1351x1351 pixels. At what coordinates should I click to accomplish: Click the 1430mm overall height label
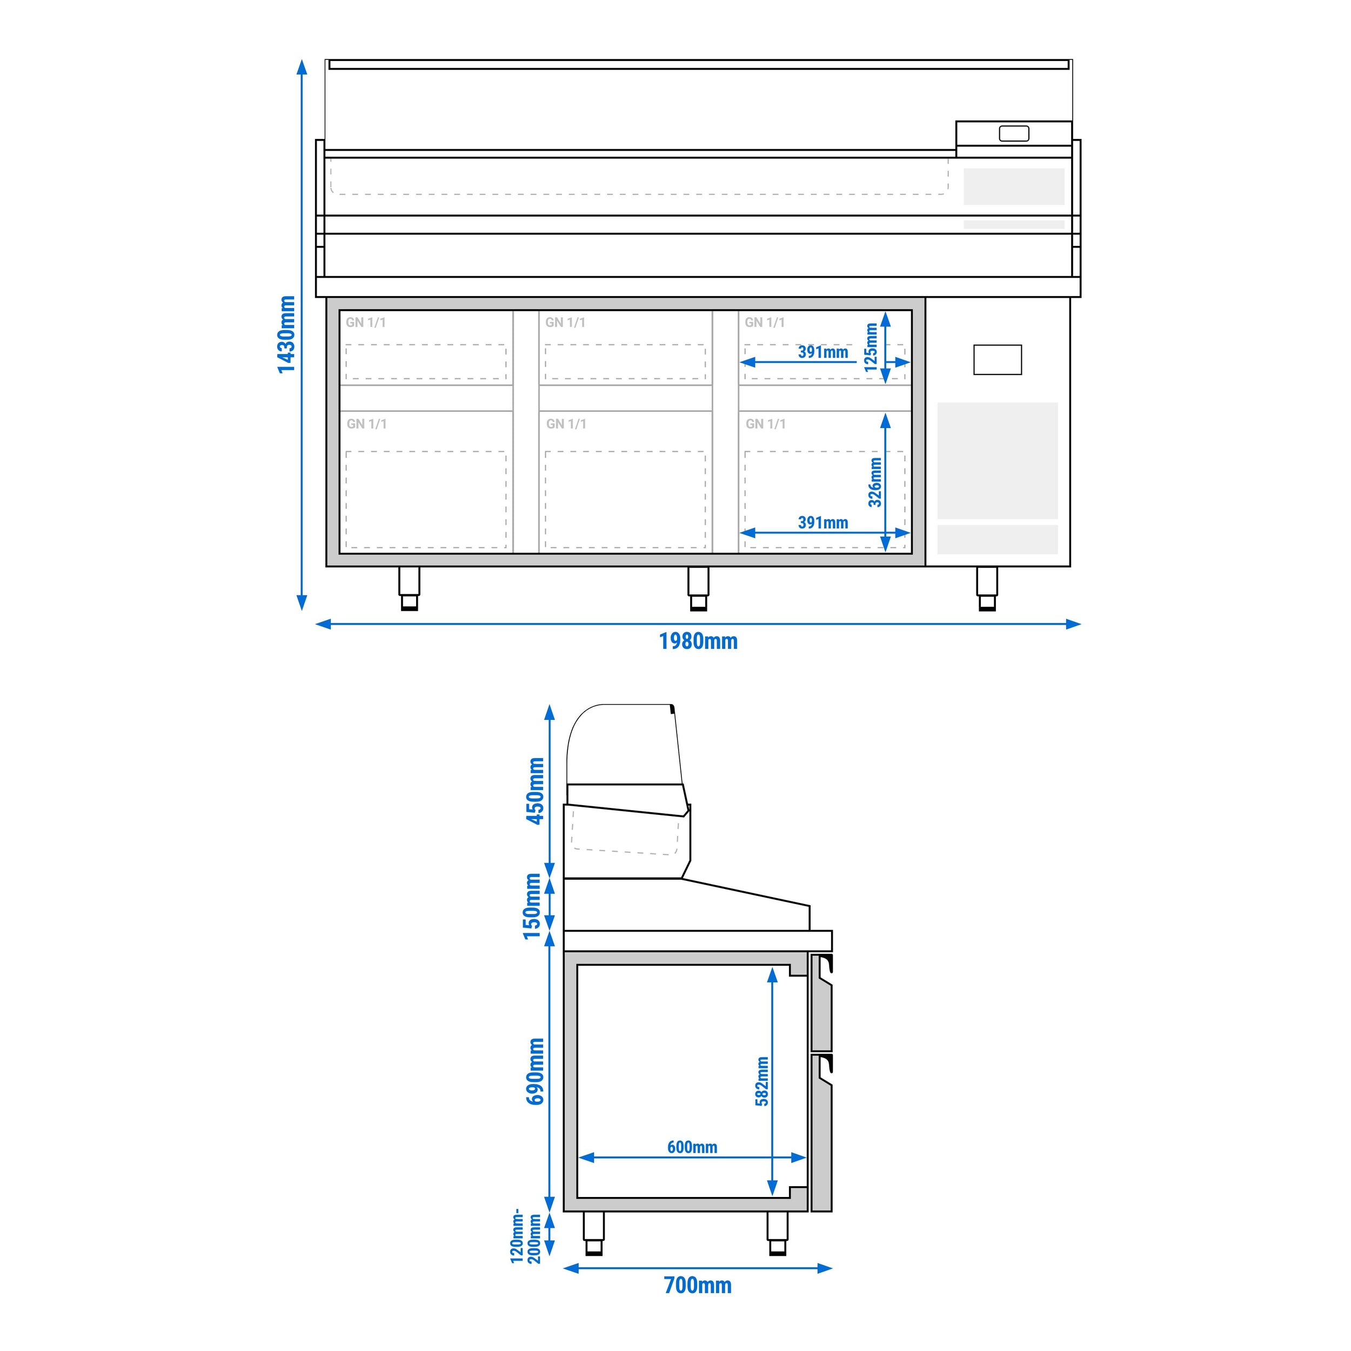(287, 335)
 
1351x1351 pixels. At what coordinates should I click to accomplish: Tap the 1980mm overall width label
(698, 641)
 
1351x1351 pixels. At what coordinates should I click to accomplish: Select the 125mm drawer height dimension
(871, 347)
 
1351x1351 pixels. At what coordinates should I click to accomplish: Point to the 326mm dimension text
(875, 482)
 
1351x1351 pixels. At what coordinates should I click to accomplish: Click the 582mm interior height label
(761, 1081)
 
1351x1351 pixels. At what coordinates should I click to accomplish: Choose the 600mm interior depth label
(692, 1147)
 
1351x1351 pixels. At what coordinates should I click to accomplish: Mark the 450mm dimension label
(536, 791)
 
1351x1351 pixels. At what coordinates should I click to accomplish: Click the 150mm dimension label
(533, 906)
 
